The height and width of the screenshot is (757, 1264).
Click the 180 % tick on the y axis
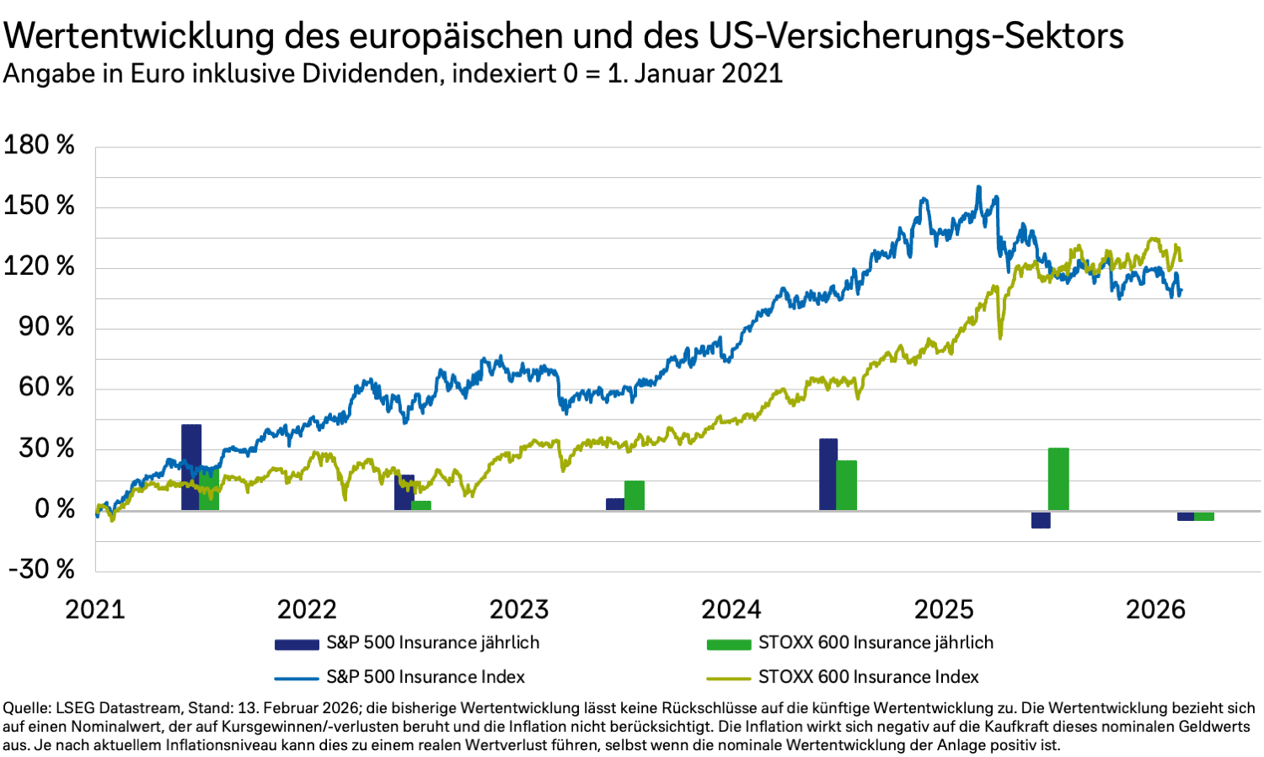39,145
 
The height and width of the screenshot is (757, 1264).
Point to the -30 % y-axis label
42,569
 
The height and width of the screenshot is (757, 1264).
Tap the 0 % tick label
54,508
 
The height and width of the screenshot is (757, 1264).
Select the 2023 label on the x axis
519,609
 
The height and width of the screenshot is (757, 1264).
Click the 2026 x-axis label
1155,609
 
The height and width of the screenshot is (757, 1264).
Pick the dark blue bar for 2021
191,467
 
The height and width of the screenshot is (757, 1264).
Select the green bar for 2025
1058,479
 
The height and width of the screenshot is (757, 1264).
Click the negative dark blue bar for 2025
1041,519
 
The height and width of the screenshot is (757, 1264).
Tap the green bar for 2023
635,496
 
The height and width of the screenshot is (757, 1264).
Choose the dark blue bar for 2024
828,475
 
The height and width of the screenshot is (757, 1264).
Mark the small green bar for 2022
421,506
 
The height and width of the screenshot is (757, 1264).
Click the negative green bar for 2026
1204,516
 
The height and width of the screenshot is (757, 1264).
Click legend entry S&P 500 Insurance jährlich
432,642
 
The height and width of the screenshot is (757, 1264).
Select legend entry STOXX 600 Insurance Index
868,677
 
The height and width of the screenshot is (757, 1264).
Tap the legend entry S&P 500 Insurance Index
426,677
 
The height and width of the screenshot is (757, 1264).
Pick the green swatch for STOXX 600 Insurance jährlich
728,644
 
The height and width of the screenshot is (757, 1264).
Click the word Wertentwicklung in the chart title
140,36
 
